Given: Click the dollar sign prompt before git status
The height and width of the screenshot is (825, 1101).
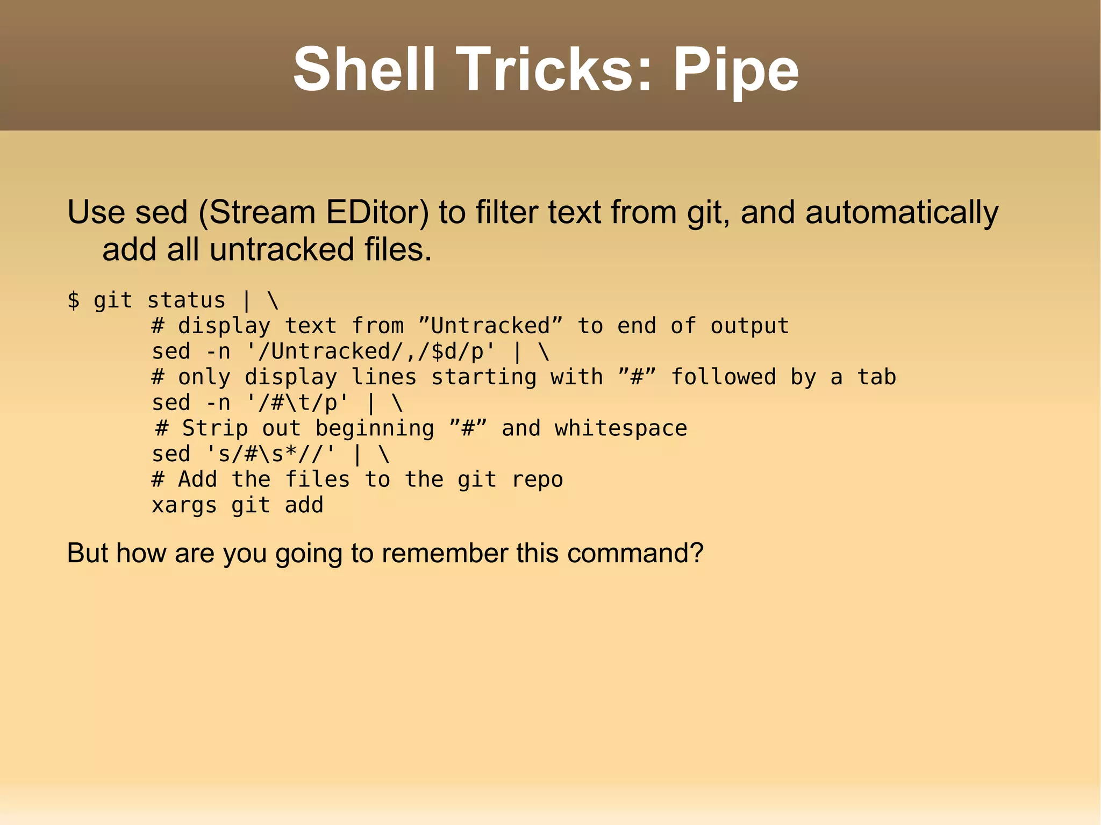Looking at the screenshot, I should [74, 300].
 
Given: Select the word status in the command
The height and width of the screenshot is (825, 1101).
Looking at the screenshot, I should [186, 300].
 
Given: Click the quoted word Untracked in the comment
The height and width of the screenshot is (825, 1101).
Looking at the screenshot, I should [490, 326].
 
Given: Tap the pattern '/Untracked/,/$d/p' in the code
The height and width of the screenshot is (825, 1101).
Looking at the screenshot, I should [371, 351].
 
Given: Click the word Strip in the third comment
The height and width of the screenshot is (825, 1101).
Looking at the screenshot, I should [215, 428].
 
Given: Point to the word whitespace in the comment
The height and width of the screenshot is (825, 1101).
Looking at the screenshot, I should [621, 428].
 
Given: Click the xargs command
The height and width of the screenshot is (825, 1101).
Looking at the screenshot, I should [184, 505].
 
